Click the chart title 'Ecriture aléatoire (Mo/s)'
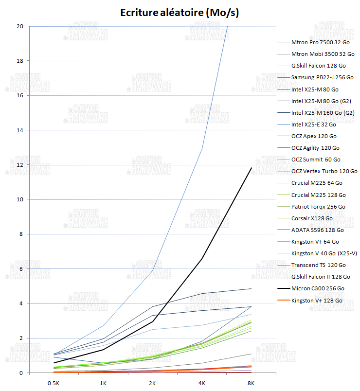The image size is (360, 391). pos(180,12)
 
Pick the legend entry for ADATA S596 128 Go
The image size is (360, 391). pos(317,230)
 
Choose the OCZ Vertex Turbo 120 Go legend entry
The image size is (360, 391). pos(324,171)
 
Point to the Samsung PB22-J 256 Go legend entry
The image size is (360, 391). pos(322,77)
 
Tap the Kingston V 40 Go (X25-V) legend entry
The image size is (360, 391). pos(324,253)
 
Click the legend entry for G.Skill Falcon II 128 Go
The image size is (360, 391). pos(320,277)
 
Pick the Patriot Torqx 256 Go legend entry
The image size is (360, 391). pos(318,207)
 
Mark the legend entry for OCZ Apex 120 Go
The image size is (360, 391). pos(314,136)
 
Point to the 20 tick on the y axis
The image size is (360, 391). pos(20,26)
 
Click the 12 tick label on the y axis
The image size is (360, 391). pos(20,165)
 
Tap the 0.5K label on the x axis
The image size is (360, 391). pos(54,383)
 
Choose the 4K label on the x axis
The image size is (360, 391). pos(201,383)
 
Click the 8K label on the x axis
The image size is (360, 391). pos(251,383)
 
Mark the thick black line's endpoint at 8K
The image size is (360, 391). pos(251,168)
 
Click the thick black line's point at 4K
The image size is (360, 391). pos(201,259)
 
